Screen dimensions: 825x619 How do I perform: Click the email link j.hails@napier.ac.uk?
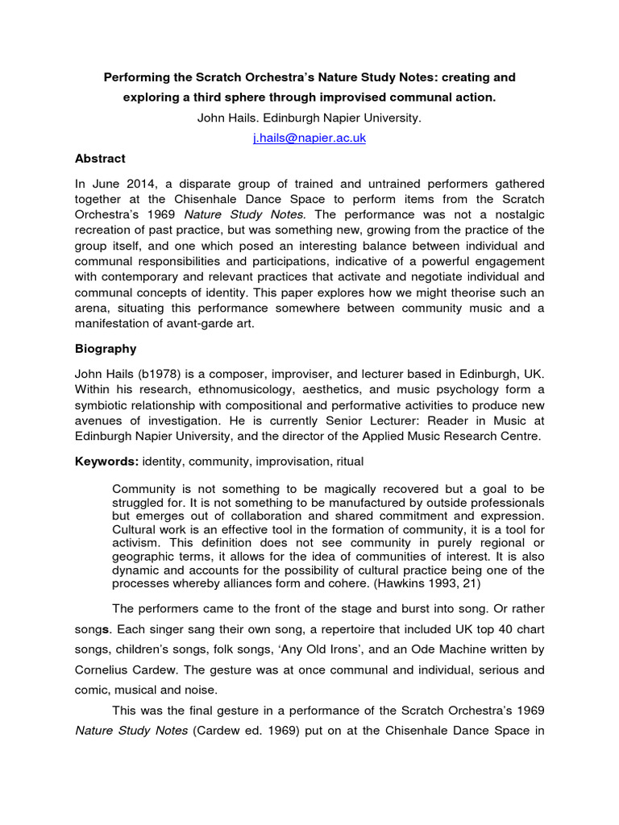pos(309,138)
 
